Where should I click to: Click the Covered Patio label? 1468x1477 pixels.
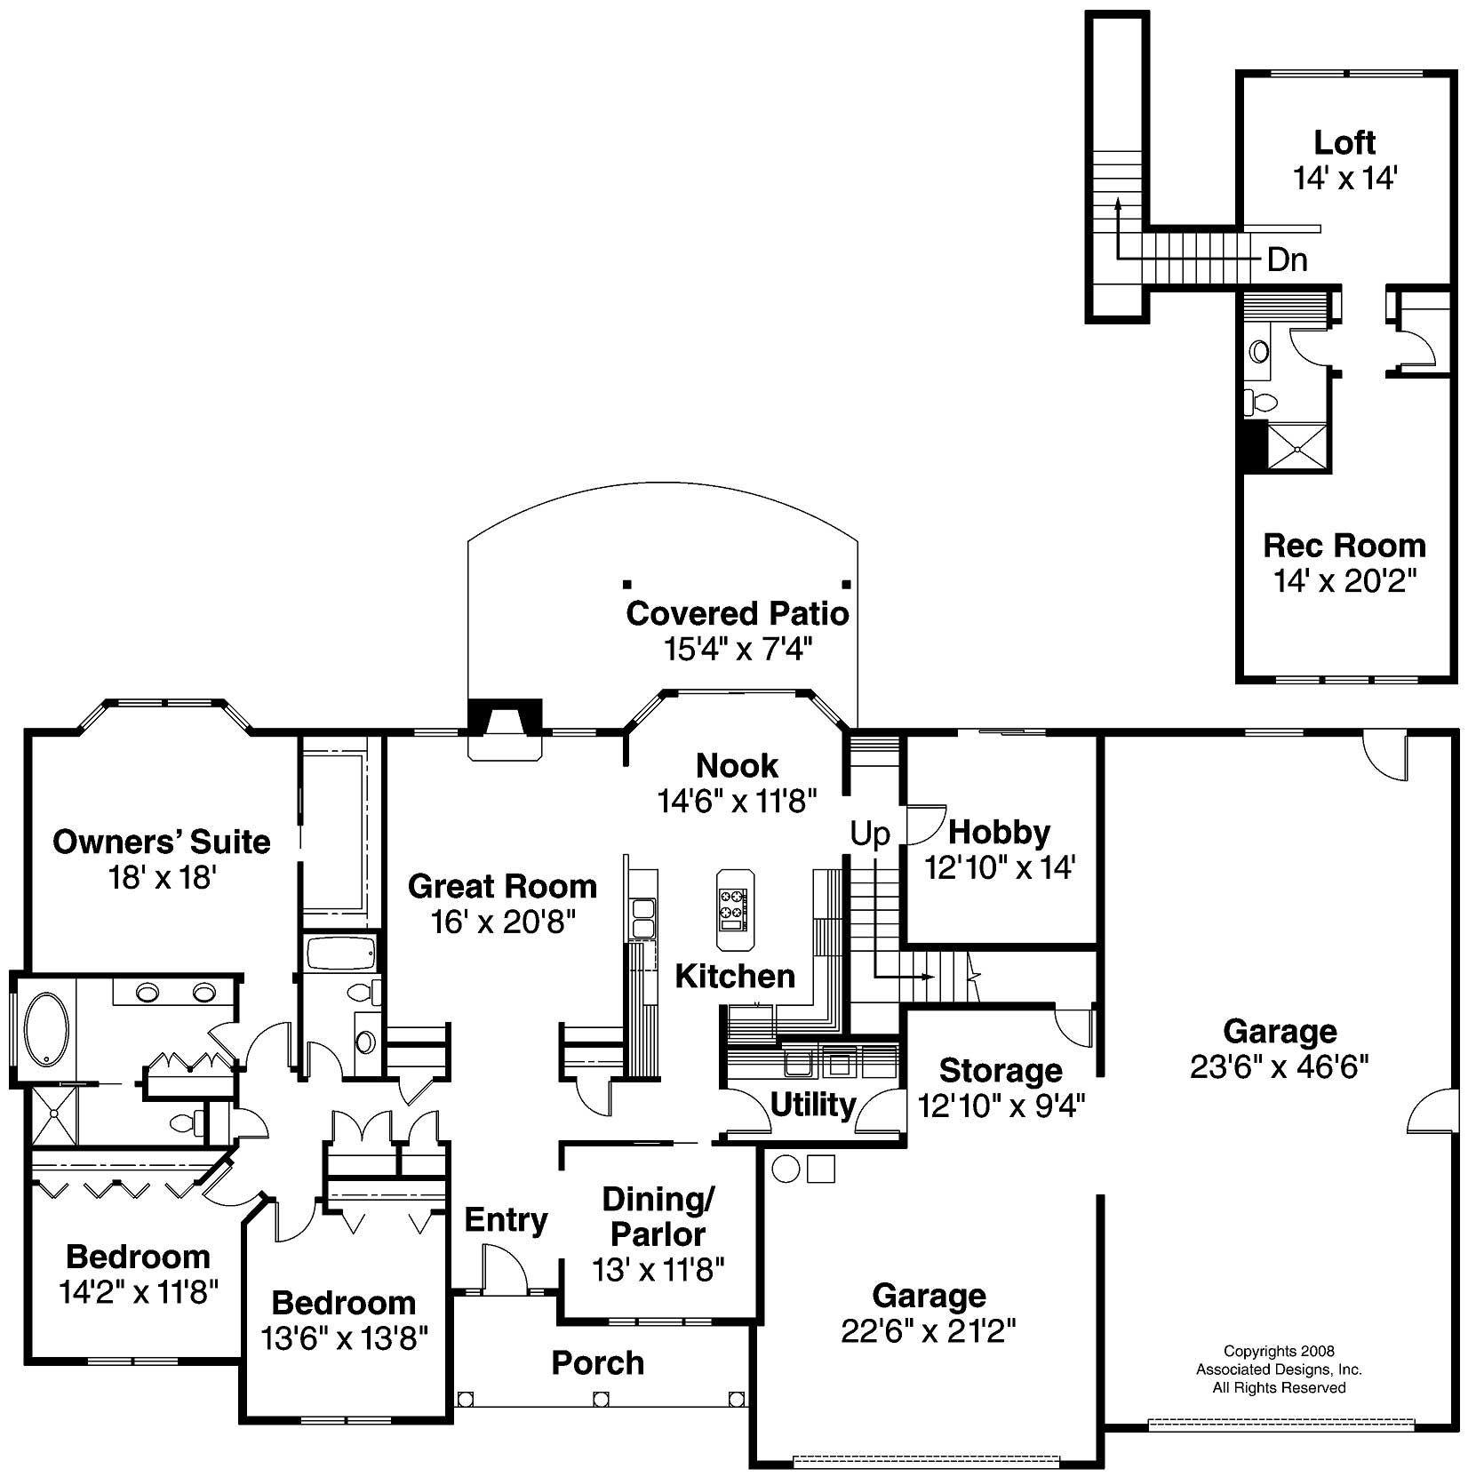pos(737,614)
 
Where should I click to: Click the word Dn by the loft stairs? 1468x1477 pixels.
pos(1287,260)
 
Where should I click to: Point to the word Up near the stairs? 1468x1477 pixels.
pos(869,834)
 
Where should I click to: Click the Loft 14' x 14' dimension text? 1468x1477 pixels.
pos(1344,179)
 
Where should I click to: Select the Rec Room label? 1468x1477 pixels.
pos(1344,545)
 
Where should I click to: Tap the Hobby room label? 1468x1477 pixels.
pos(999,832)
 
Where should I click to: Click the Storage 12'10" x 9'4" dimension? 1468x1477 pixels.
pos(1001,1105)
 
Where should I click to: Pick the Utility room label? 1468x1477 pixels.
pos(812,1105)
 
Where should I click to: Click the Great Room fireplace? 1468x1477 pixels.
pos(505,723)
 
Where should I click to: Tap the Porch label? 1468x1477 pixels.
pos(597,1362)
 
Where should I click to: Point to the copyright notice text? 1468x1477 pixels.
pos(1278,1369)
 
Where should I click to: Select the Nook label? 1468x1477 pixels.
pos(737,765)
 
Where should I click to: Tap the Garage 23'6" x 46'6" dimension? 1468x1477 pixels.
pos(1279,1066)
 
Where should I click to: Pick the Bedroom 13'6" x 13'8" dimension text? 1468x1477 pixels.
pos(345,1337)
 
